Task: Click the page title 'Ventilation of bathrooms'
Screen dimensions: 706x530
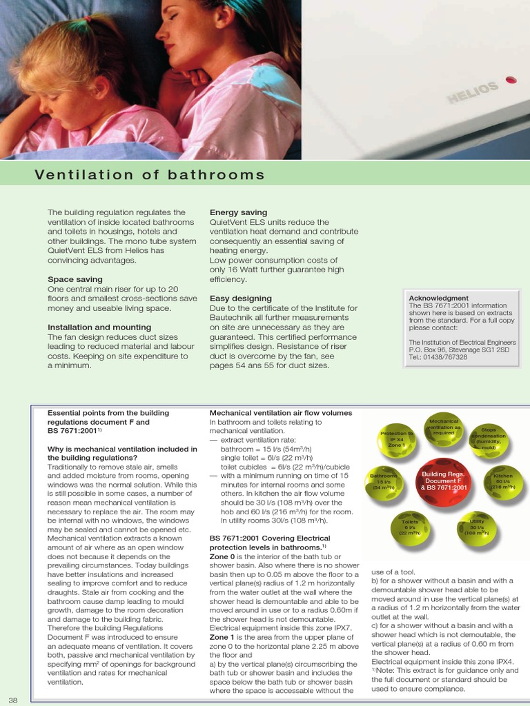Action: (150, 174)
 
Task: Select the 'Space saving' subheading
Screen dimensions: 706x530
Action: (75, 279)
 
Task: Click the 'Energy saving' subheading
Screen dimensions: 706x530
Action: (238, 212)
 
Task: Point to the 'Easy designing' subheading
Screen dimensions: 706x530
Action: (240, 299)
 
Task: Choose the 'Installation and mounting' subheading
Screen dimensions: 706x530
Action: (99, 327)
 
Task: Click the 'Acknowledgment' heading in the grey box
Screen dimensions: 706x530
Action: (438, 298)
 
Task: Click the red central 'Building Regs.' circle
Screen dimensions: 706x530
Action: (444, 481)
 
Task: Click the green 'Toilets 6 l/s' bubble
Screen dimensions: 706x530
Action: (411, 527)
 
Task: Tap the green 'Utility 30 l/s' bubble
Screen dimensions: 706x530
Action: (477, 527)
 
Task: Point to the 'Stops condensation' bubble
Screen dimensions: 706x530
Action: (489, 438)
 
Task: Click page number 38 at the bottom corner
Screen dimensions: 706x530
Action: (12, 700)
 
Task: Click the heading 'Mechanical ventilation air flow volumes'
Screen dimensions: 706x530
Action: (280, 413)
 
